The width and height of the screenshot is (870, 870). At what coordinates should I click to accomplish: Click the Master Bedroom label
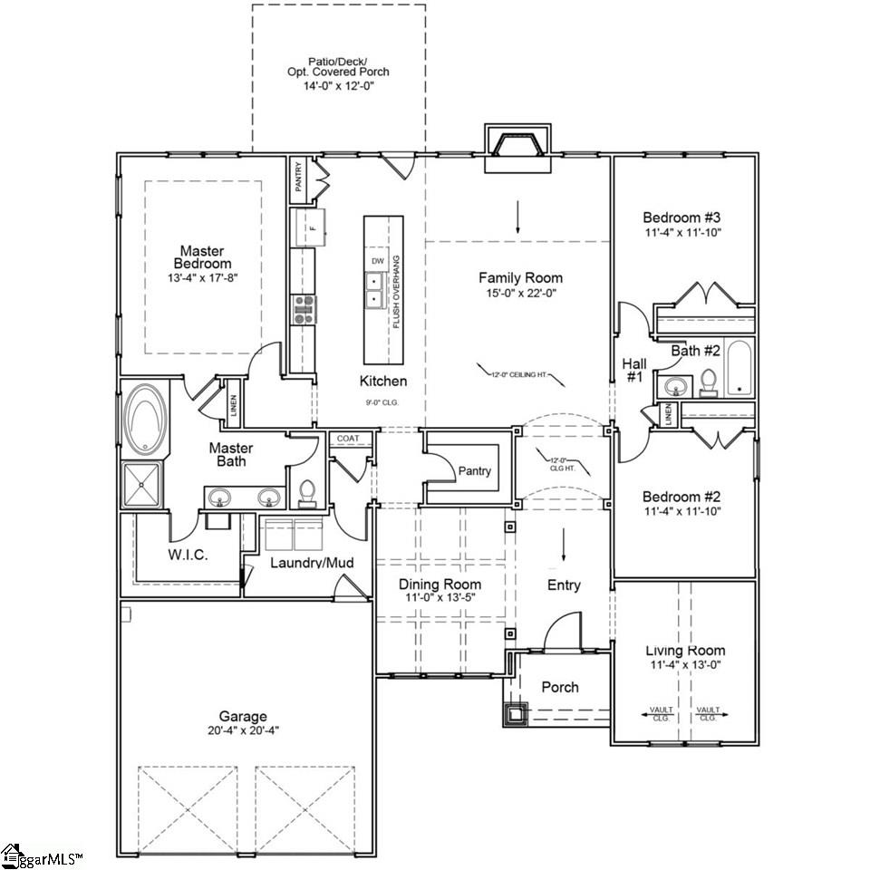click(201, 256)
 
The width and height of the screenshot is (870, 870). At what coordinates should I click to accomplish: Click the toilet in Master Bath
click(307, 492)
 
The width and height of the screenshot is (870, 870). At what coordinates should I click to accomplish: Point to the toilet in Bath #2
click(709, 382)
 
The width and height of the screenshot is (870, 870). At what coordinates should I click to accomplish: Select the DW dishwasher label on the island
click(378, 261)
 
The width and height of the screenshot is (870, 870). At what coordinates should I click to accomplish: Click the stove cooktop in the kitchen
click(303, 309)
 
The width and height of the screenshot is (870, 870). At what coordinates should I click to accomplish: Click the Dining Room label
click(440, 585)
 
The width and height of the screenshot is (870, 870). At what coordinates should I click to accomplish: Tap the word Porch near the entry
click(560, 687)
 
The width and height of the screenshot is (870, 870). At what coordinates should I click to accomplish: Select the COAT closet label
click(348, 439)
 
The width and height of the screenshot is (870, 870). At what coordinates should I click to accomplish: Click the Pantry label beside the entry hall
click(474, 470)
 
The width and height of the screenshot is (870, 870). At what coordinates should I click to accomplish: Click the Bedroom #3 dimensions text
click(681, 232)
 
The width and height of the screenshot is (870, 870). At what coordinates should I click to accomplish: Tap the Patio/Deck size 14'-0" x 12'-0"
click(337, 85)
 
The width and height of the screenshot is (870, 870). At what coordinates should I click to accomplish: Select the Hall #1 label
click(634, 370)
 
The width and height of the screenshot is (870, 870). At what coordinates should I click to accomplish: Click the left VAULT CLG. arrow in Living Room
click(661, 712)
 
